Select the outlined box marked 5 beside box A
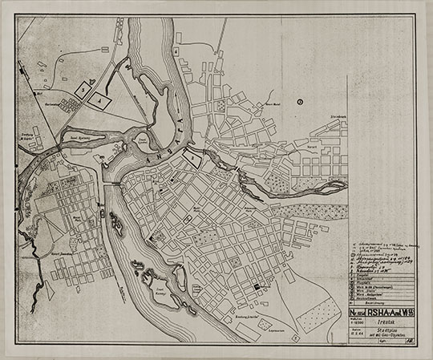(83, 91)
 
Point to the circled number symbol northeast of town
(298, 101)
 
